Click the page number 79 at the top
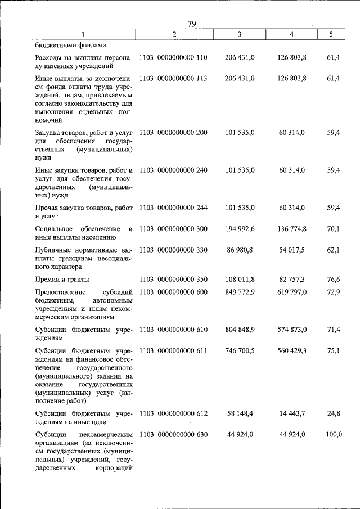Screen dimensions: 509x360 pyautogui.click(x=191, y=24)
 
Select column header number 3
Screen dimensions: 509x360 pyautogui.click(x=240, y=35)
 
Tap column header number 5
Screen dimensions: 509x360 pyautogui.click(x=331, y=35)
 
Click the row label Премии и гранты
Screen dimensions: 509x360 pyautogui.click(x=62, y=279)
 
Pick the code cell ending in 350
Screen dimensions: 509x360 pyautogui.click(x=173, y=279)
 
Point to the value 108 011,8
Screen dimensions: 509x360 pyautogui.click(x=240, y=279)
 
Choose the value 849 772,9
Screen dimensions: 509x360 pyautogui.click(x=240, y=292)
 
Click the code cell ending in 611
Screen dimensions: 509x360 pyautogui.click(x=173, y=350)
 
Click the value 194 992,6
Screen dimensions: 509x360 pyautogui.click(x=240, y=229)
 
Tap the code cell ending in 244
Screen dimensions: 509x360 pyautogui.click(x=173, y=208)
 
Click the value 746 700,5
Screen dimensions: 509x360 pyautogui.click(x=240, y=350)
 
